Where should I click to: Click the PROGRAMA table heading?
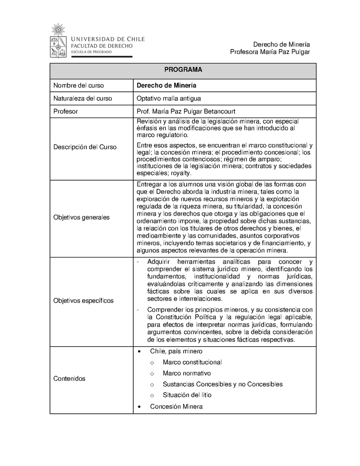pos(183,70)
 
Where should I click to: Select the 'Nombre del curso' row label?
pos(78,85)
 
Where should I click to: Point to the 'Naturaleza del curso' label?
pos(82,98)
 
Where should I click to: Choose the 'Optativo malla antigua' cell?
pos(169,98)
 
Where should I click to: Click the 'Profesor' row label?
pos(66,111)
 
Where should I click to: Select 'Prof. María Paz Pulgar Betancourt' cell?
pos(186,111)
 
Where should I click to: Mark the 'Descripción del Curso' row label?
pos(85,147)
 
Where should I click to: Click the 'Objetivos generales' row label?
pos(81,217)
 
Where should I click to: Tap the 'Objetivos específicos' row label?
pos(83,300)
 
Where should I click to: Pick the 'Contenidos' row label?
pos(69,379)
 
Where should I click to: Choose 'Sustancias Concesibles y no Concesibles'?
pos(222,384)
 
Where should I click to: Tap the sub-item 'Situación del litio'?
pos(187,395)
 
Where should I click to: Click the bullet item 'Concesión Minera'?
pos(176,407)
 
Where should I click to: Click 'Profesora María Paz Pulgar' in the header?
pos(270,52)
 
